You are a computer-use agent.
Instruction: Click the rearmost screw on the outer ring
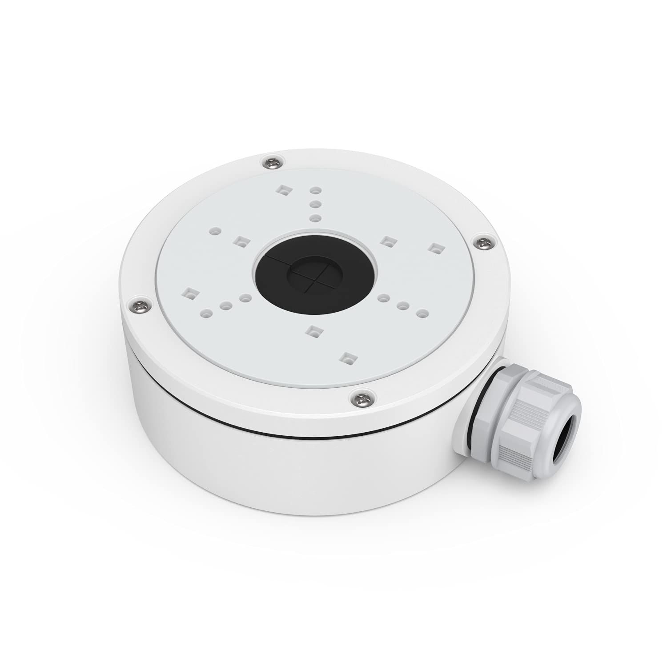click(272, 163)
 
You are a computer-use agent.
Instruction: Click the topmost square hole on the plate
click(282, 191)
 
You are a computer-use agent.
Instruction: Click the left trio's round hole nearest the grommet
click(245, 297)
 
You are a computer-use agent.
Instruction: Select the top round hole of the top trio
click(315, 190)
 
